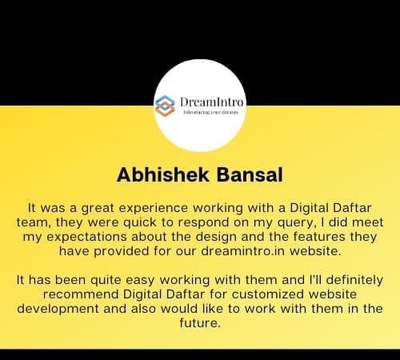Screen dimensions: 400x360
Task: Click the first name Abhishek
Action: click(x=163, y=175)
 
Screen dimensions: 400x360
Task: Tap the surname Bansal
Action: click(x=250, y=175)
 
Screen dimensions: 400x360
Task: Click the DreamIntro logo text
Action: click(x=211, y=102)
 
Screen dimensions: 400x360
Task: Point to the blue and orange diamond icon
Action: click(x=165, y=106)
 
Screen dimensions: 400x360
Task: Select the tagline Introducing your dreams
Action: click(x=211, y=112)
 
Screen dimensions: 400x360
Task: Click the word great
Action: click(x=98, y=209)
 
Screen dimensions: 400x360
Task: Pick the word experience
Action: click(x=154, y=209)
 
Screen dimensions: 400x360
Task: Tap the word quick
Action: click(x=140, y=222)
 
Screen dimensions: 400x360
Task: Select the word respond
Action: click(x=204, y=223)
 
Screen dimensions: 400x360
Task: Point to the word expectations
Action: click(x=86, y=238)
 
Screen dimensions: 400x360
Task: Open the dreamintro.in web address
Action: click(x=243, y=251)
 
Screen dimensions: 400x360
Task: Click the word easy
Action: click(x=140, y=281)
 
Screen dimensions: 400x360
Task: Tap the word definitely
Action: click(x=354, y=280)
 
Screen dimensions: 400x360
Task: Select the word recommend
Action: click(x=81, y=294)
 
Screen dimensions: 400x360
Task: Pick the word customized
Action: click(x=268, y=294)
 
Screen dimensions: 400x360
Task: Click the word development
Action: click(x=58, y=309)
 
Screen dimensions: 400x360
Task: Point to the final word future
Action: click(x=200, y=323)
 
